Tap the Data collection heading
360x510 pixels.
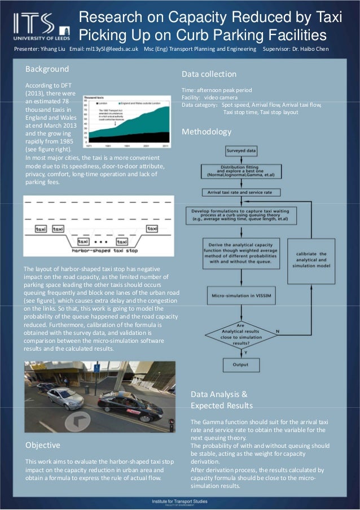click(209, 74)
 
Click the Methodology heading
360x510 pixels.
click(207, 132)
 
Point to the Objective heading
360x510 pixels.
click(43, 445)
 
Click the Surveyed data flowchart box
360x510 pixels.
click(241, 151)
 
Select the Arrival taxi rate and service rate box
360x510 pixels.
click(241, 193)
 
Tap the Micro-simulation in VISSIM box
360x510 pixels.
click(241, 294)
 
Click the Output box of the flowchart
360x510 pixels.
click(240, 365)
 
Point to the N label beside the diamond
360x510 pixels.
click(277, 330)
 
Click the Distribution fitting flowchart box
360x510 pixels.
click(241, 172)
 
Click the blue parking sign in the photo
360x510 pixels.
click(96, 369)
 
